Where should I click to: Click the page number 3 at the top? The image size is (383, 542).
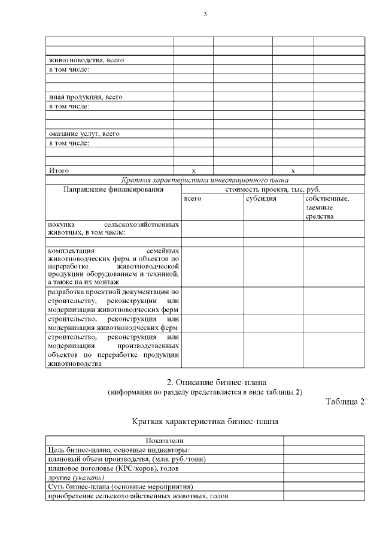(x=205, y=14)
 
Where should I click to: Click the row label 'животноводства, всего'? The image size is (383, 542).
(x=86, y=60)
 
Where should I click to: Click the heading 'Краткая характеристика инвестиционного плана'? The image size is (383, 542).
(x=205, y=180)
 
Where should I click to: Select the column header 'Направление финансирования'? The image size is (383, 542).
(x=113, y=189)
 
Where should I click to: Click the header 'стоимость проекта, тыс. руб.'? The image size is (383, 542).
(x=272, y=189)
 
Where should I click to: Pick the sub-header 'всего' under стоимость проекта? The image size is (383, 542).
(x=193, y=198)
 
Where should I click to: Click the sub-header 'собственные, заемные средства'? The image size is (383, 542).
(x=327, y=207)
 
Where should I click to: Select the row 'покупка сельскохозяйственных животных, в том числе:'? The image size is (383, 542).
(x=113, y=229)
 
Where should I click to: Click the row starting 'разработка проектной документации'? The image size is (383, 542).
(x=113, y=301)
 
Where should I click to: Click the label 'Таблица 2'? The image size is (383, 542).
(x=345, y=401)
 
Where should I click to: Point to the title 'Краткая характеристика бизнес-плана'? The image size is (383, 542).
(x=205, y=421)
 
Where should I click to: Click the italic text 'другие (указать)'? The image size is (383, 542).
(x=76, y=477)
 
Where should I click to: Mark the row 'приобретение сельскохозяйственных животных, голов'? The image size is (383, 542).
(x=137, y=496)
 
